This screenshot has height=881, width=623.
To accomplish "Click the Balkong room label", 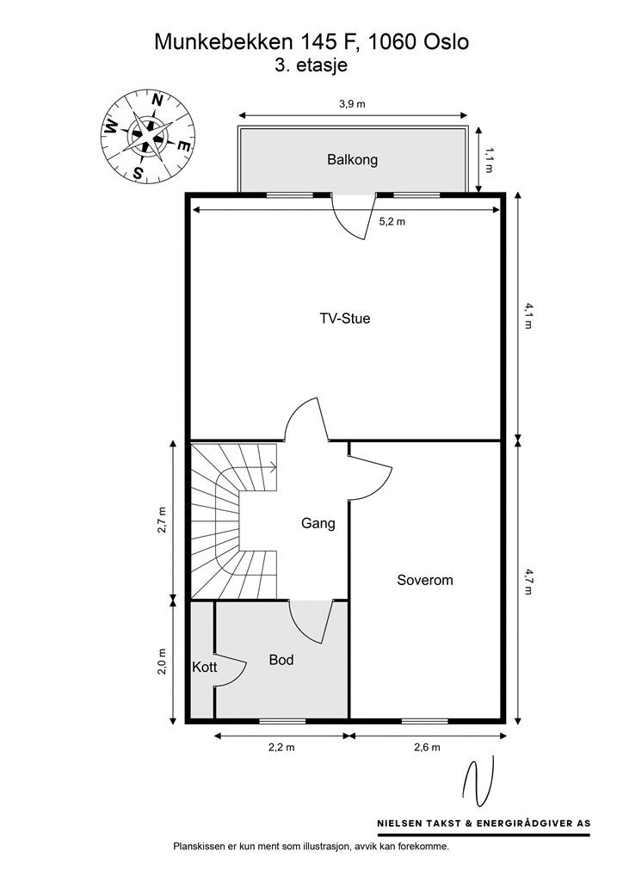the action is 352,160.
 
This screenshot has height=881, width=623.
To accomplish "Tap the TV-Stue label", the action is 344,318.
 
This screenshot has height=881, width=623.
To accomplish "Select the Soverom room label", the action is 424,580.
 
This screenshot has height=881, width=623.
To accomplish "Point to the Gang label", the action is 318,523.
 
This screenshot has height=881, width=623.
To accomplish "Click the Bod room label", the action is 281,660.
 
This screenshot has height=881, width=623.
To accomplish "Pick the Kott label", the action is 204,667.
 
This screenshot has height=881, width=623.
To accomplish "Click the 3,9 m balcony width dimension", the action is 352,104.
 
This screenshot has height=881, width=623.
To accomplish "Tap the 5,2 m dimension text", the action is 392,221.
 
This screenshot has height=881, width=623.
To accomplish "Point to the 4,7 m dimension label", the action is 529,581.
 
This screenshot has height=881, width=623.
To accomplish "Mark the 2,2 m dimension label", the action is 281,748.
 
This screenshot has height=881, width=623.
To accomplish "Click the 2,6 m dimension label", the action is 426,748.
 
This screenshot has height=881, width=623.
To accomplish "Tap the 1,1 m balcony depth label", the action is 489,161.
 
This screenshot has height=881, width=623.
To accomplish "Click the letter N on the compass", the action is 157,100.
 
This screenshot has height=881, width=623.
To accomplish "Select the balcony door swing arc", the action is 353,222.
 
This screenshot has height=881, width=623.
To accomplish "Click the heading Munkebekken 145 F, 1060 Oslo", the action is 311,40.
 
